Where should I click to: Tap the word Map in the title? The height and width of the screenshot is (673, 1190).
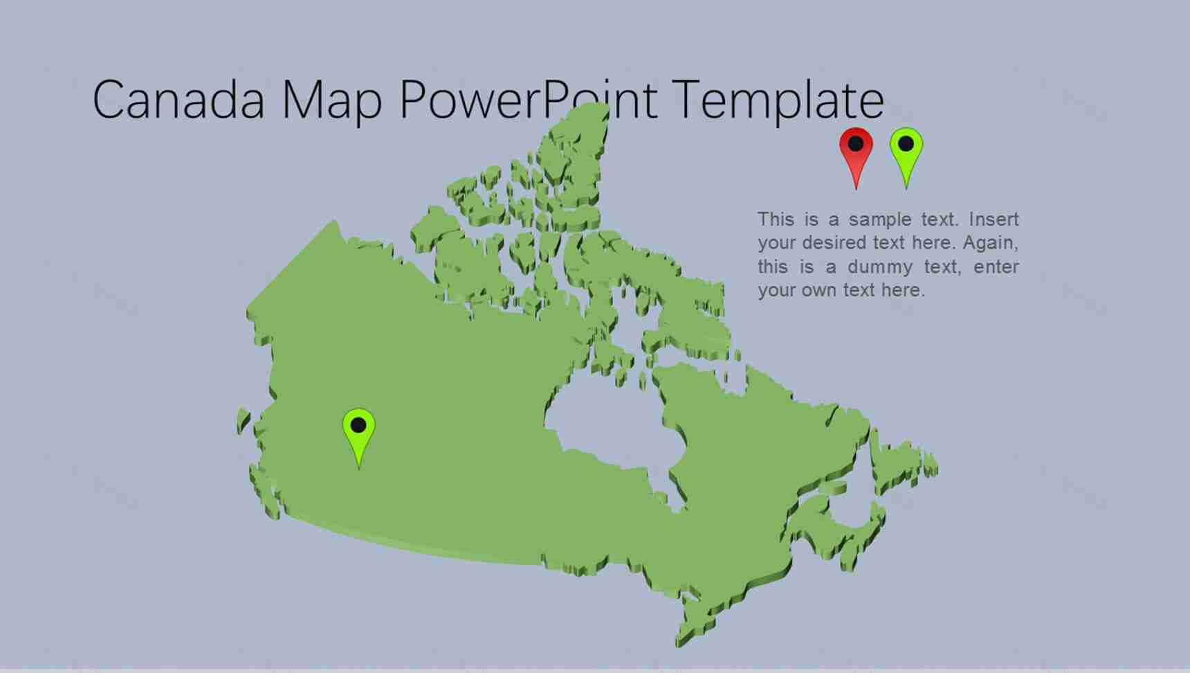click(332, 101)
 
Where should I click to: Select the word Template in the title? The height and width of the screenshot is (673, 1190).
click(778, 101)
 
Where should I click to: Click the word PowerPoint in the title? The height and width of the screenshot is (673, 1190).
click(529, 101)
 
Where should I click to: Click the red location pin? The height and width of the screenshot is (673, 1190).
click(856, 157)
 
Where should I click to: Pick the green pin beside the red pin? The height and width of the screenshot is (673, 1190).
click(906, 157)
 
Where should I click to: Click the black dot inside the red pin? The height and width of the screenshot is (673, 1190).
click(856, 143)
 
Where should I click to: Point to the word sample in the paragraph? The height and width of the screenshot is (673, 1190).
click(880, 219)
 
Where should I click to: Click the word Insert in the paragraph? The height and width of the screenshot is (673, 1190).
click(994, 219)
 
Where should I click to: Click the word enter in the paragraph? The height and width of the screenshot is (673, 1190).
click(996, 267)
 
